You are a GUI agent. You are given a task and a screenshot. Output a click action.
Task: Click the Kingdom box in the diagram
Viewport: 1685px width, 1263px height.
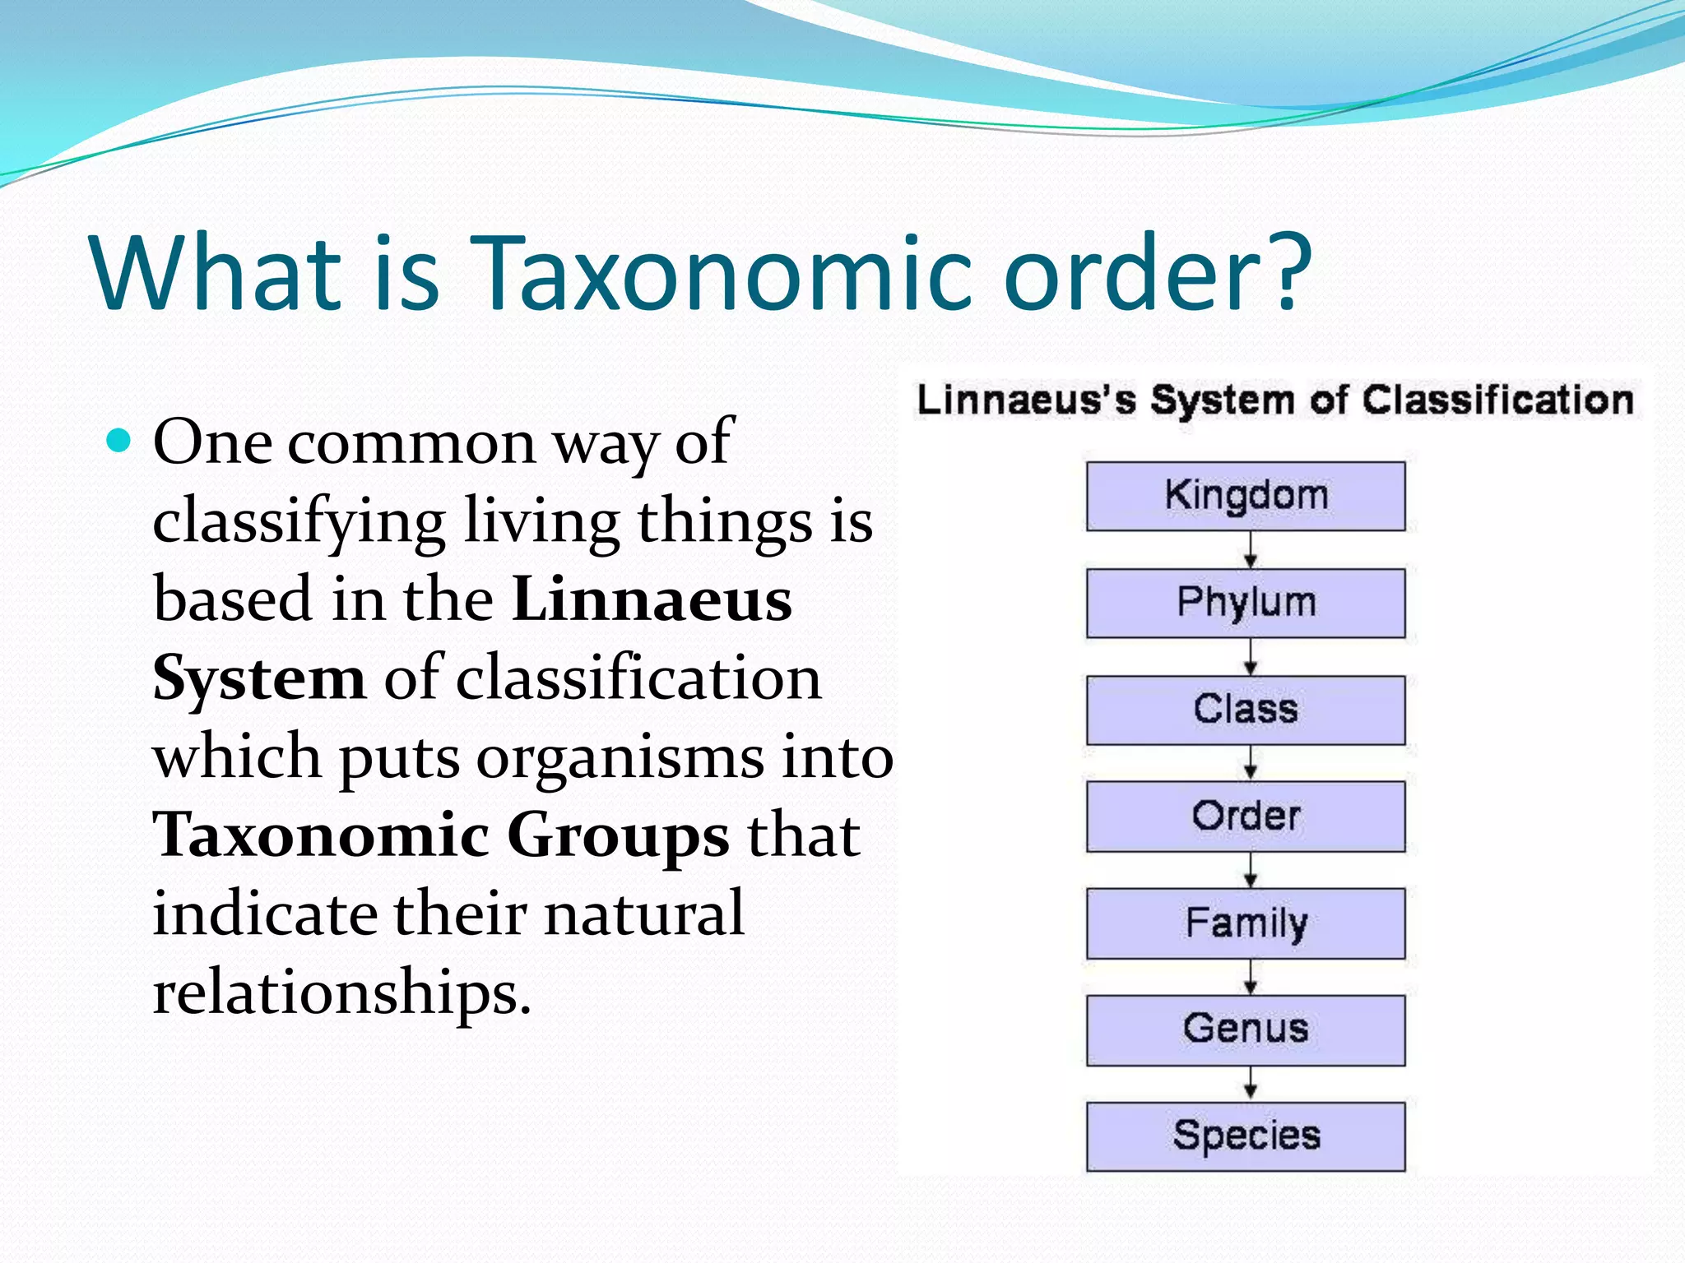tap(1245, 496)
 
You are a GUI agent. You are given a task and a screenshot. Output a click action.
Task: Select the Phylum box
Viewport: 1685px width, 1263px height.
tap(1245, 603)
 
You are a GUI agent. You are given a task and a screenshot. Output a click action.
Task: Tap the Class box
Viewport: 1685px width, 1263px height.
tap(1245, 710)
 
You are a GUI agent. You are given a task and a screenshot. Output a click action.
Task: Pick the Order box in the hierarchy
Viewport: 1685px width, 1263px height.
tap(1245, 817)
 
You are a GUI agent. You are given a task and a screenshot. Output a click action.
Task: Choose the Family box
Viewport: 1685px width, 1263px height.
tap(1245, 923)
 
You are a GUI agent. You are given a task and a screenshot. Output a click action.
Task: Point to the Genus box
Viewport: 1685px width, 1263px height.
tap(1245, 1030)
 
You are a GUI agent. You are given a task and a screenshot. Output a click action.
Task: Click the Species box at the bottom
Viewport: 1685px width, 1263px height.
tap(1245, 1136)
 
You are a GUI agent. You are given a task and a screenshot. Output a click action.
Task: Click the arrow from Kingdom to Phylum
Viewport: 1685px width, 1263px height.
tap(1250, 549)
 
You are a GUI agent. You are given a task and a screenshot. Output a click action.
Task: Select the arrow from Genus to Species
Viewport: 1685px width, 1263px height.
tap(1250, 1084)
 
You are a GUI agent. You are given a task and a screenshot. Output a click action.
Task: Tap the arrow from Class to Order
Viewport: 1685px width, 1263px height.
tap(1250, 763)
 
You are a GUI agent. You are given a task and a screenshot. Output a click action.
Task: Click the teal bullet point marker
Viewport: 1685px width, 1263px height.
tap(119, 442)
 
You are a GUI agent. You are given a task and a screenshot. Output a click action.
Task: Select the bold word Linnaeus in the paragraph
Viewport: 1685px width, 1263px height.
tap(652, 599)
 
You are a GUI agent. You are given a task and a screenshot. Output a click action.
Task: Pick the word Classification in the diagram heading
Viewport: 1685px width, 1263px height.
tap(1497, 400)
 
